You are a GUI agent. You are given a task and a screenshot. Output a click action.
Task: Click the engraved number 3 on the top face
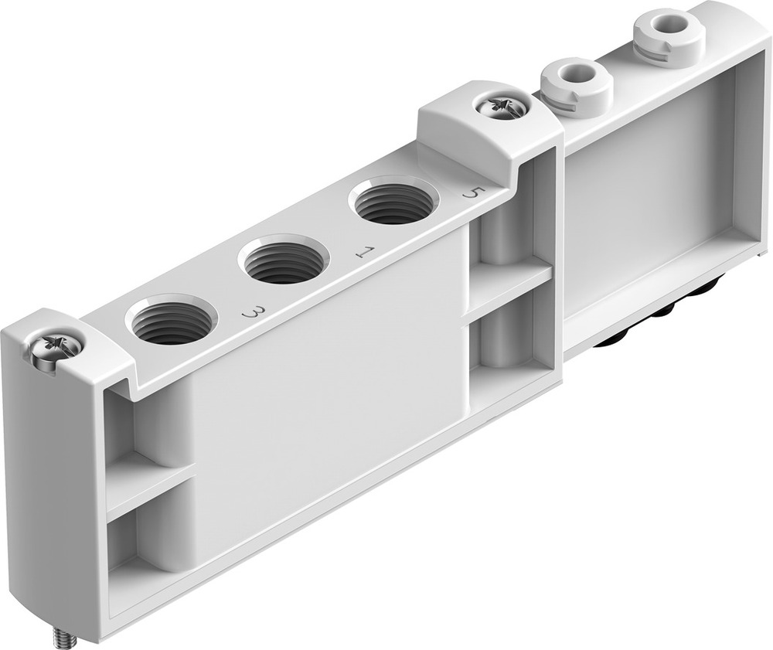[x=253, y=313]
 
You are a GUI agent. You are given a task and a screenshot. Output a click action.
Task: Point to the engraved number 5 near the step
[x=469, y=192]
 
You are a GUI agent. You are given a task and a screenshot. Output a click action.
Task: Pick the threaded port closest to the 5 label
[x=394, y=202]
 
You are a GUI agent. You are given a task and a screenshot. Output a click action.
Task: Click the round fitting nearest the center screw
[x=576, y=83]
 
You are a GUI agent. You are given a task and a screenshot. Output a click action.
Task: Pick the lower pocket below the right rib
[x=506, y=340]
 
